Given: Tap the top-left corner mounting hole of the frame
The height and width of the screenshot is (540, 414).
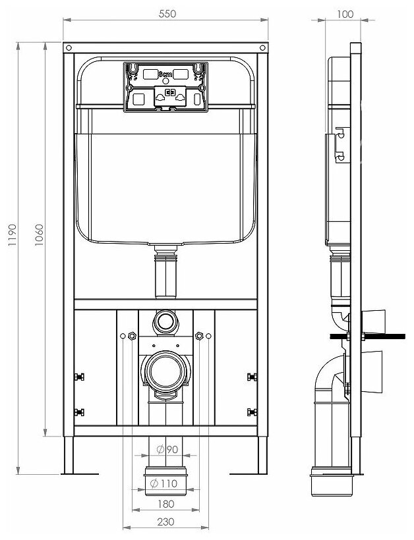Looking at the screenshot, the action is click(67, 49).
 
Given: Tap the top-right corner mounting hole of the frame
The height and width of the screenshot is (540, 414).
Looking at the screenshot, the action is click(263, 49).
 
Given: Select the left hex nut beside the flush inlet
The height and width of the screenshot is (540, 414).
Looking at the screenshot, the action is click(131, 336).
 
